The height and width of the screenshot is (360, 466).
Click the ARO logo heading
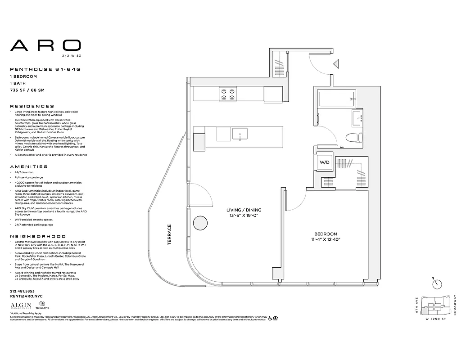point(45,45)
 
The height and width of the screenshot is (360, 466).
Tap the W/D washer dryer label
point(324,162)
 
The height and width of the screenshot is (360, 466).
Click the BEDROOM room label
point(326,234)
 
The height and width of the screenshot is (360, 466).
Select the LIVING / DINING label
point(244,210)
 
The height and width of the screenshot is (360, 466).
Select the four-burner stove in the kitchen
point(227,94)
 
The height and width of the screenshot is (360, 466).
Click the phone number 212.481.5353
point(23,291)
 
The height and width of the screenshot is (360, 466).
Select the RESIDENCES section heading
point(32,106)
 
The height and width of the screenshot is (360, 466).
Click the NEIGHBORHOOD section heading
point(38,236)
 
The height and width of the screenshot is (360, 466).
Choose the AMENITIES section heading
point(29,166)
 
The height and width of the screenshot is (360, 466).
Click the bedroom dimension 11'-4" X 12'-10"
point(326,240)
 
